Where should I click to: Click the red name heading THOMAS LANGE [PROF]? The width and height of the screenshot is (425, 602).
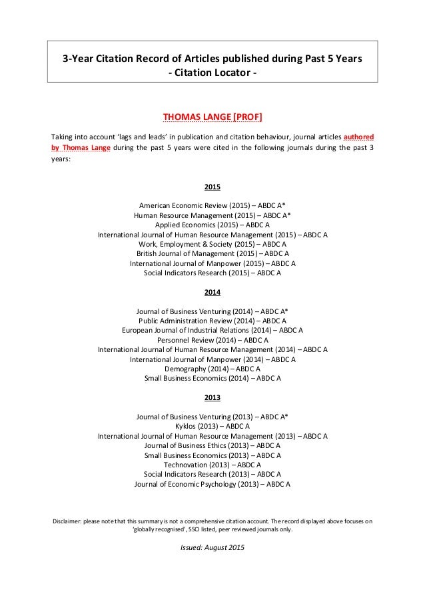click(x=212, y=118)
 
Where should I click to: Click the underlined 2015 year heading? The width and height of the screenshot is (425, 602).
click(x=212, y=187)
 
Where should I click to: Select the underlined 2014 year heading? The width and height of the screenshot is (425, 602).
click(x=212, y=292)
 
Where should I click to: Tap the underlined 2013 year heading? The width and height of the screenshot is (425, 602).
click(x=212, y=397)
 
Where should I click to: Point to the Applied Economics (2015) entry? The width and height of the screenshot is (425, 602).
click(x=212, y=225)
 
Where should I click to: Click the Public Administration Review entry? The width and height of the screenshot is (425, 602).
click(x=212, y=321)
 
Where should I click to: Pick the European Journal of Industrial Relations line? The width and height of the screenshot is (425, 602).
click(x=212, y=331)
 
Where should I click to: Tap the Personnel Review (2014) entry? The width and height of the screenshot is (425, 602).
click(x=212, y=340)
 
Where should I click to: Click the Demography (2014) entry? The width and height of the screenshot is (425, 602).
click(x=212, y=369)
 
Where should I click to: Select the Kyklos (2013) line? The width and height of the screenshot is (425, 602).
click(x=212, y=427)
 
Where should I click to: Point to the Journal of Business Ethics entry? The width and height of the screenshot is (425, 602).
click(x=212, y=445)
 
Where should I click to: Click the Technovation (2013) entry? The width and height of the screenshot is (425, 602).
click(x=212, y=465)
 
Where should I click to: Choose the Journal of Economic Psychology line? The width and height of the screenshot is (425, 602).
click(x=212, y=484)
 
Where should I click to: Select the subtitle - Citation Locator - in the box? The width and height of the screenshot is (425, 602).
click(x=212, y=73)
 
